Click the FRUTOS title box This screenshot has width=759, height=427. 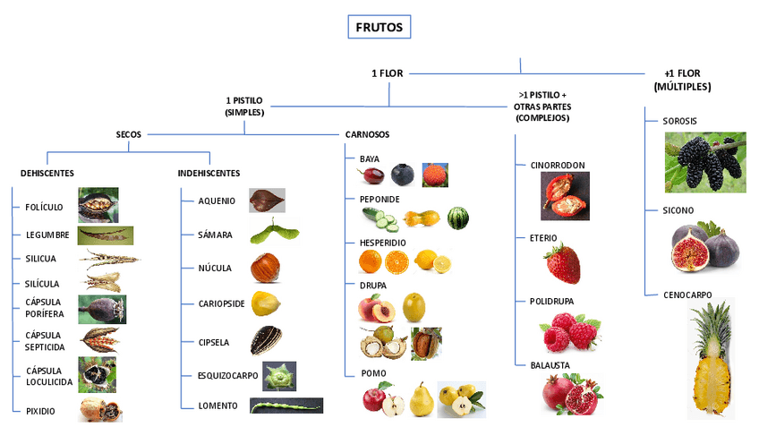point(379,28)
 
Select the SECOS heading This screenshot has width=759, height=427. point(128,134)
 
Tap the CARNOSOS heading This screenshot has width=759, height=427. point(367,134)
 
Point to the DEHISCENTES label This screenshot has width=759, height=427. point(47,173)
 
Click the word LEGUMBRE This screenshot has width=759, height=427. point(47,235)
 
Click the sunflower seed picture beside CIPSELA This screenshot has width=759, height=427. point(266,340)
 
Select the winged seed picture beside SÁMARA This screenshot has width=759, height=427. point(271,234)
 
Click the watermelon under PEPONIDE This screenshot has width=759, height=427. point(457,218)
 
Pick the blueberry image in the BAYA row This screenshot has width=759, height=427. point(403,175)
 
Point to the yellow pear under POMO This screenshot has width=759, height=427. point(422,400)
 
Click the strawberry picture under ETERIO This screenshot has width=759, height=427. point(562,264)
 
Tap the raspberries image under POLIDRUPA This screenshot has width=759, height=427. point(570,334)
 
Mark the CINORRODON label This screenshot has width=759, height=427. point(558,165)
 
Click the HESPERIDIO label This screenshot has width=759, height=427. point(382,242)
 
